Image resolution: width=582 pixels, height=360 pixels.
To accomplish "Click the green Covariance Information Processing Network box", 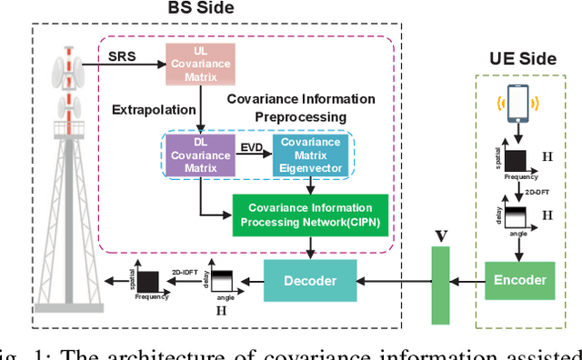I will click(310, 215).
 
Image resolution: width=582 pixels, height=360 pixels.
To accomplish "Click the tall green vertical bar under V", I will click(439, 281).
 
